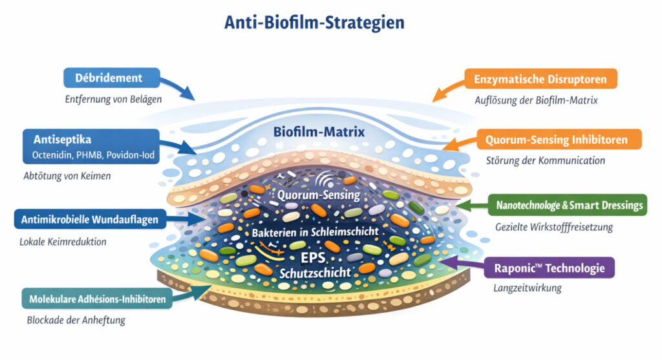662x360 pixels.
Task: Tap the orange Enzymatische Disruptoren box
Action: [540, 79]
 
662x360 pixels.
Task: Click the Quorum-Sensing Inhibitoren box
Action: [560, 139]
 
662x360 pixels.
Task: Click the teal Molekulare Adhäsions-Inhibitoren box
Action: [97, 299]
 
